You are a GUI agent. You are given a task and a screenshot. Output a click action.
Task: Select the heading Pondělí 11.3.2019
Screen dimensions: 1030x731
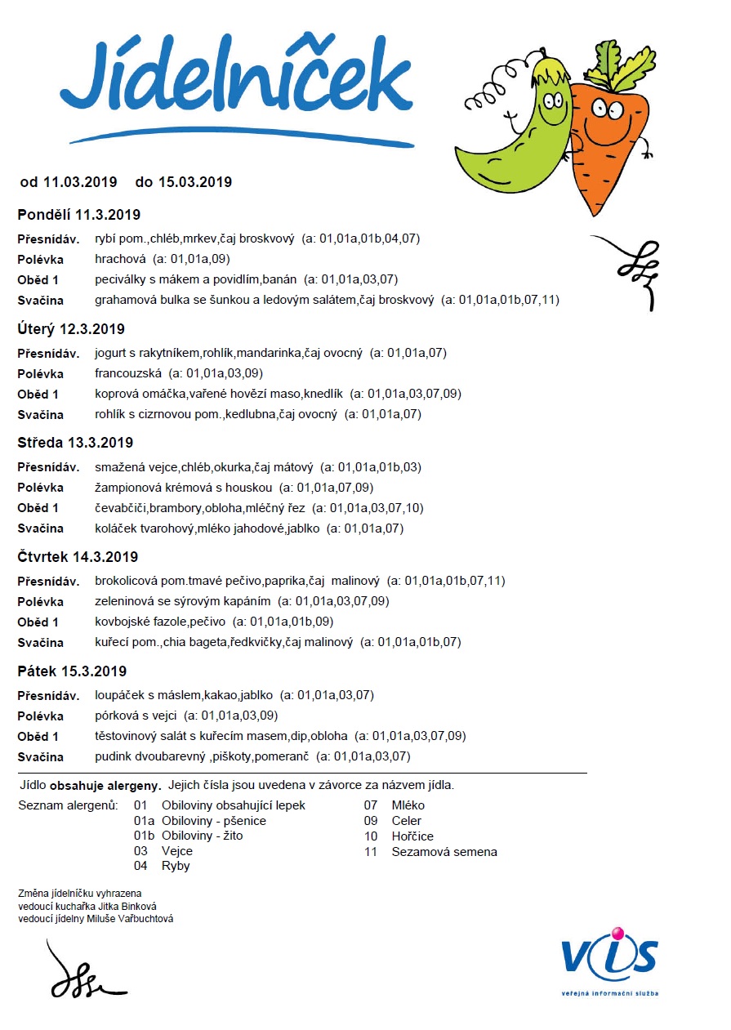point(79,215)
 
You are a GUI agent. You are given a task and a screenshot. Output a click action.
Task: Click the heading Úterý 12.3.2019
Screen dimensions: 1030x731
point(71,329)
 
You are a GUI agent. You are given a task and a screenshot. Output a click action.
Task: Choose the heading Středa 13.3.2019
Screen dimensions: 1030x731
point(75,443)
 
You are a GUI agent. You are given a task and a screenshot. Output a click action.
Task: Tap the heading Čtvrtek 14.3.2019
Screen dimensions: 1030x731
point(78,557)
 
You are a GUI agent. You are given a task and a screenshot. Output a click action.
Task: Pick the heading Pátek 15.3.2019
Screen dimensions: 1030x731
point(72,671)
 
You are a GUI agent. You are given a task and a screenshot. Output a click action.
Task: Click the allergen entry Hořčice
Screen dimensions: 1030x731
point(412,836)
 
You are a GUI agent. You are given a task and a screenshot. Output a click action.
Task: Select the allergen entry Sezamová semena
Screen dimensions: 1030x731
point(444,852)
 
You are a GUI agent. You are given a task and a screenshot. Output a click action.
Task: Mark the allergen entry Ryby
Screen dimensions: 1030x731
point(176,866)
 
